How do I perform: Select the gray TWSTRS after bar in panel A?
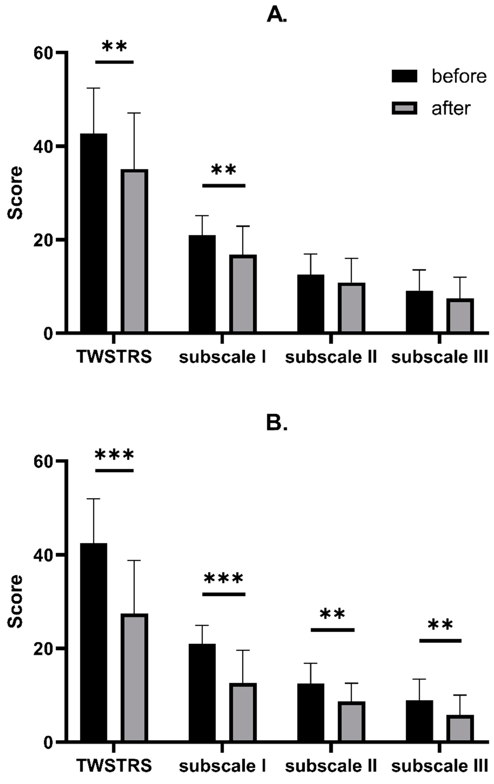[134, 251]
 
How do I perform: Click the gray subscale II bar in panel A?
[351, 307]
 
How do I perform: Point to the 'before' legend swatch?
[404, 76]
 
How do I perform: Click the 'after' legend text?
[451, 108]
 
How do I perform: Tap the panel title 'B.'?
[277, 423]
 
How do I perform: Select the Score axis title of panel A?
[15, 193]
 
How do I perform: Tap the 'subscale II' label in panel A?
[331, 357]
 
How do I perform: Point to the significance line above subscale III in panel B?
[440, 641]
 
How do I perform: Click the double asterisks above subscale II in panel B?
[332, 614]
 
